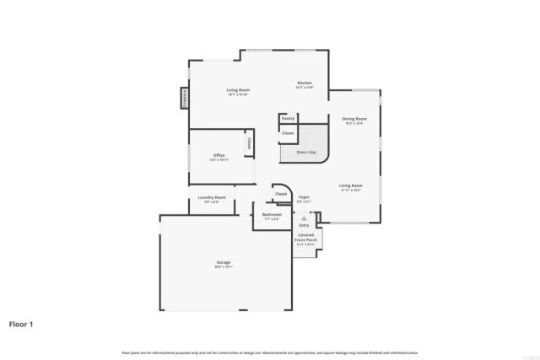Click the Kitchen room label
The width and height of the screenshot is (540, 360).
tap(305, 83)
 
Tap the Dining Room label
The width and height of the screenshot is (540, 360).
tap(354, 119)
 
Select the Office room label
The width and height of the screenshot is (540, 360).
tap(219, 155)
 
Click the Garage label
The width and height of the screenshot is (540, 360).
tap(223, 262)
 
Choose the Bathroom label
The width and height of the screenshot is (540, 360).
tap(272, 214)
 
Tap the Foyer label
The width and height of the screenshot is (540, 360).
tap(305, 196)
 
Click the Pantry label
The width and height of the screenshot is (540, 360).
tap(288, 119)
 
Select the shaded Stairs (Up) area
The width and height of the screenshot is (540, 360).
tap(306, 152)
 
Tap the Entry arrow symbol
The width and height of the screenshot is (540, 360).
tap(305, 218)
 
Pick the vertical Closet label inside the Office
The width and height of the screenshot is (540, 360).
tap(250, 144)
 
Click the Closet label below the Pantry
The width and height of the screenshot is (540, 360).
tap(288, 132)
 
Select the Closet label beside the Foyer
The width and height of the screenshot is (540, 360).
tap(281, 193)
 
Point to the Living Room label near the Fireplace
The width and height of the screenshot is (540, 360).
tap(237, 90)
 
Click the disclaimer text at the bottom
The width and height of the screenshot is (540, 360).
tap(270, 352)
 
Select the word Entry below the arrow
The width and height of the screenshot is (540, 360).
tap(305, 225)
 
